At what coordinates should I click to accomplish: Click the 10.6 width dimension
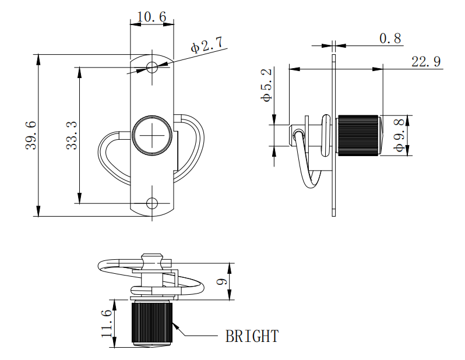pos(151,17)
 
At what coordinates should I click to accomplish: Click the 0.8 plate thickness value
pos(390,38)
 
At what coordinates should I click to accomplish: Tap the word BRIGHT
pos(252,336)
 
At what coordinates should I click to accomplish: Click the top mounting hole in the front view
pos(152,67)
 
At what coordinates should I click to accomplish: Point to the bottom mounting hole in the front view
pos(152,203)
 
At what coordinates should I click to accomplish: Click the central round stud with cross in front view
pos(152,136)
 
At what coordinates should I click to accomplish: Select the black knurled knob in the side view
pos(358,135)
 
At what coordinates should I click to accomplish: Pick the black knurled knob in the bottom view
pos(152,322)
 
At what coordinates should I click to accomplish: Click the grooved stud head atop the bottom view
pos(153,257)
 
